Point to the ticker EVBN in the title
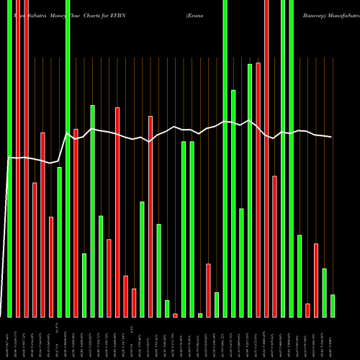pyautogui.click(x=137, y=14)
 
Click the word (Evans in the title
pyautogui.click(x=195, y=14)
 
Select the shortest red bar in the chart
pyautogui.click(x=175, y=315)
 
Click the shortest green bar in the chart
pyautogui.click(x=200, y=315)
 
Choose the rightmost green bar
pyautogui.click(x=333, y=306)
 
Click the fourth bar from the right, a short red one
pyautogui.click(x=307, y=310)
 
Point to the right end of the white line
pyautogui.click(x=332, y=137)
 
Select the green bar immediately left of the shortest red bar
pyautogui.click(x=167, y=308)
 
